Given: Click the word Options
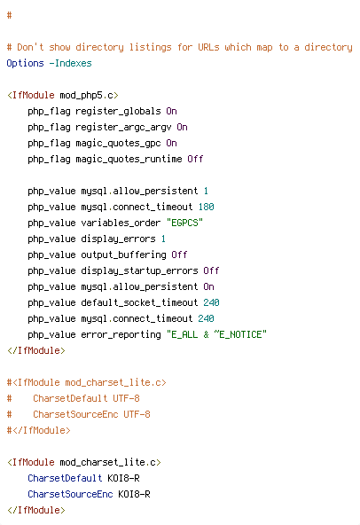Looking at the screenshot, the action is [x=25, y=63].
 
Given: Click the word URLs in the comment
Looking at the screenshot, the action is [x=208, y=47].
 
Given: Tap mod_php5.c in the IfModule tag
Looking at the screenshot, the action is [x=86, y=96].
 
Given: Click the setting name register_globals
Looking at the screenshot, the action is [x=118, y=111].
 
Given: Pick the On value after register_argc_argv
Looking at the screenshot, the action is [x=182, y=127].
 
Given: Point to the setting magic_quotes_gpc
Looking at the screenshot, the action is [x=118, y=144].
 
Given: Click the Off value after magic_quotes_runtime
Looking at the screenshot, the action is [x=195, y=159].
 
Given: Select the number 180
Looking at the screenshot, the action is [x=206, y=207].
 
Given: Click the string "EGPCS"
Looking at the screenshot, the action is [x=184, y=223].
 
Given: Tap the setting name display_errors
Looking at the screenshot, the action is [x=118, y=239].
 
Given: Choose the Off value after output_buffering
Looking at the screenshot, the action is [x=179, y=255].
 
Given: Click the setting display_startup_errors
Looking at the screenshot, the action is [x=139, y=270].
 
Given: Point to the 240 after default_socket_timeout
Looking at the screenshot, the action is [x=211, y=302].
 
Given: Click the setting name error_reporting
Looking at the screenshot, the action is [x=121, y=335].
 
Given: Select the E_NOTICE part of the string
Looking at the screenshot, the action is [x=240, y=334].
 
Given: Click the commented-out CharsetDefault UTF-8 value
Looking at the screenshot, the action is [x=126, y=398].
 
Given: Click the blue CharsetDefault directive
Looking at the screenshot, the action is [x=65, y=478].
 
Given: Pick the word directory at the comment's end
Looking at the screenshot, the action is [x=328, y=48].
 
